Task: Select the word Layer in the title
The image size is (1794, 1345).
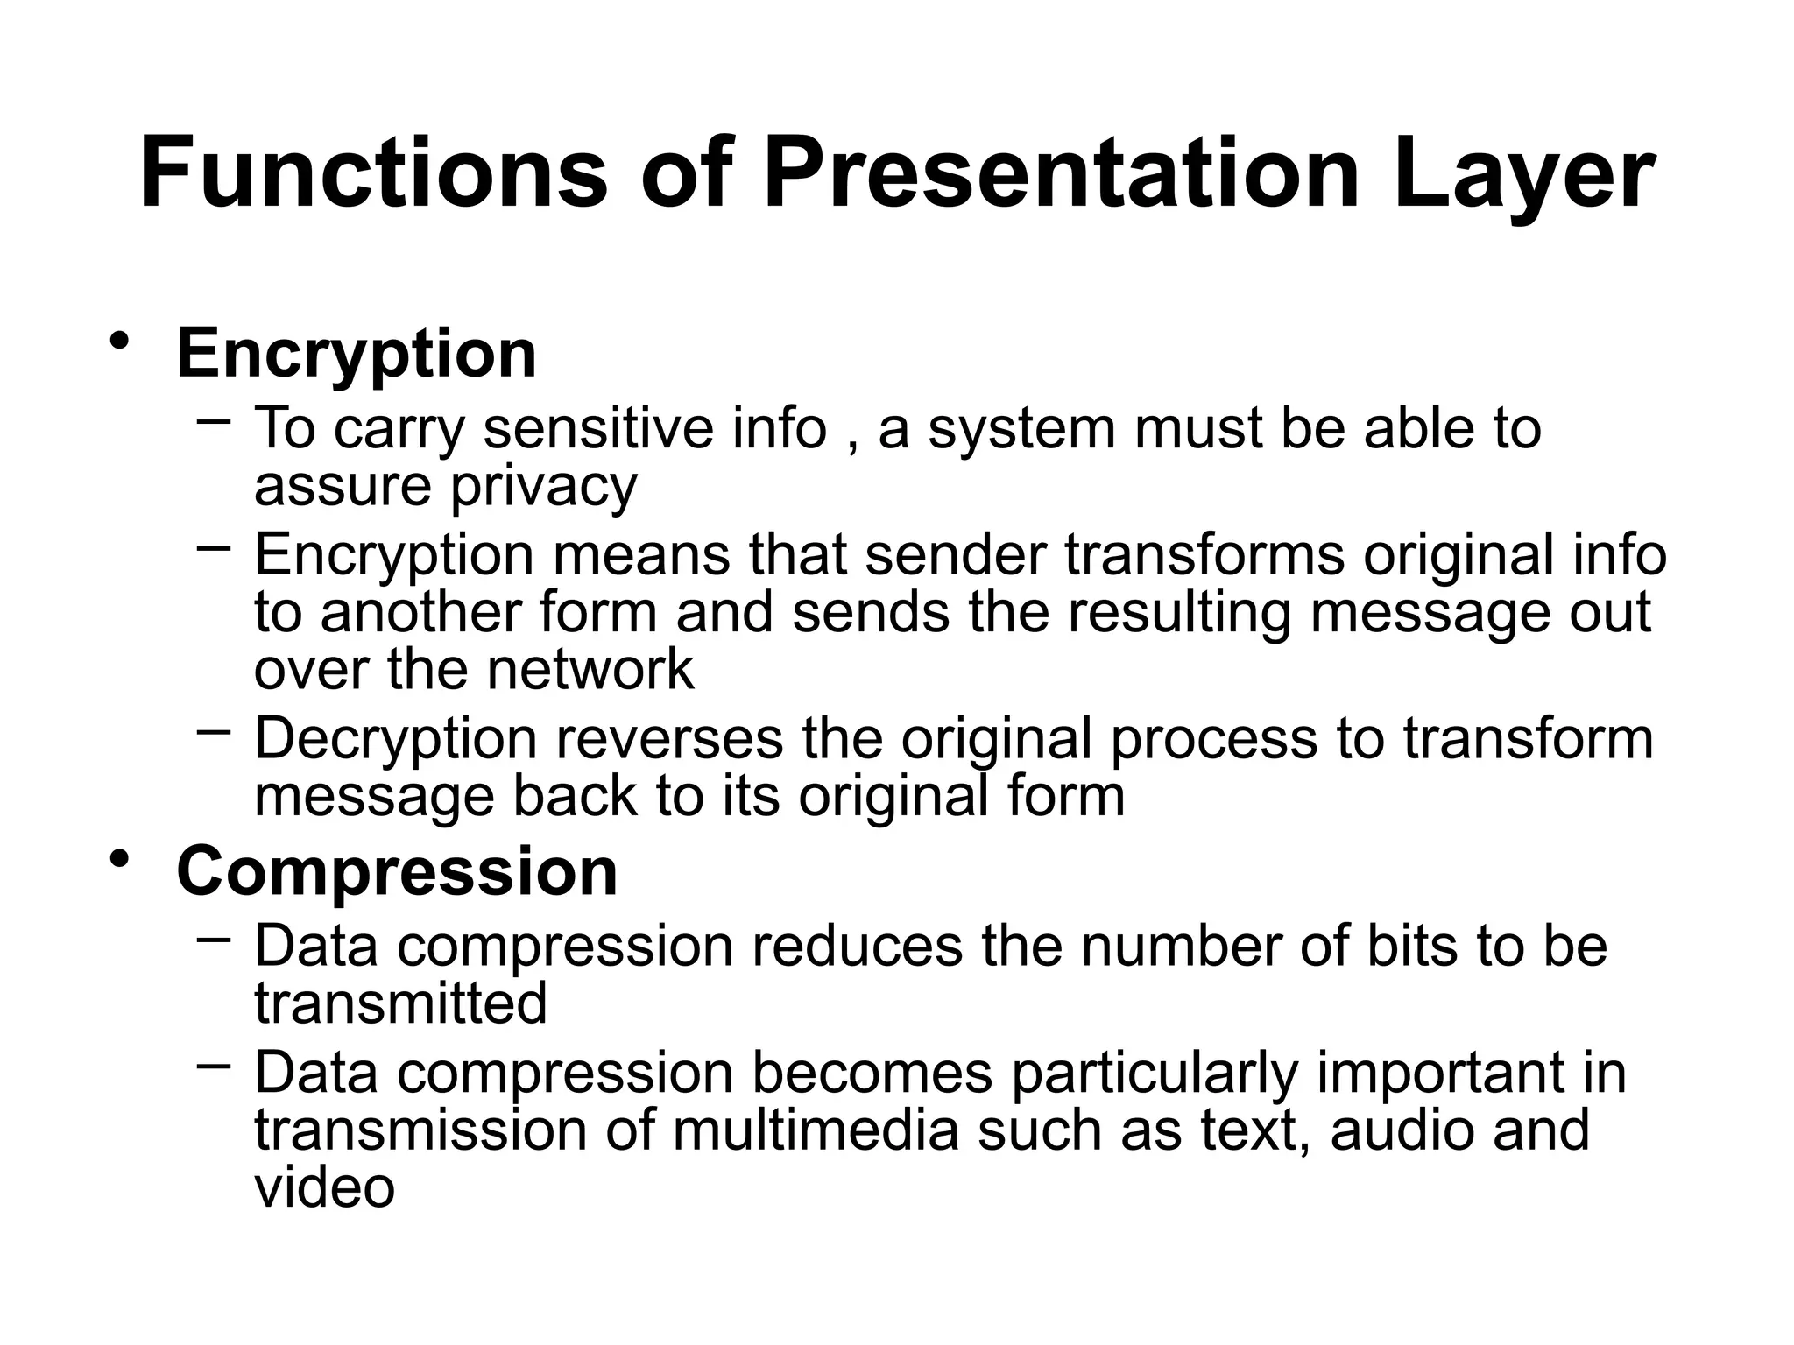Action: [x=1523, y=175]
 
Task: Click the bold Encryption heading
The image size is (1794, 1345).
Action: [x=357, y=354]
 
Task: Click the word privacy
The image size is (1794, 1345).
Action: [x=543, y=487]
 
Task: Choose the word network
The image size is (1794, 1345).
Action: [x=590, y=670]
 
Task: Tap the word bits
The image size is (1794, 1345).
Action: [x=1412, y=946]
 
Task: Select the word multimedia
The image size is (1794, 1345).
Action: [x=816, y=1130]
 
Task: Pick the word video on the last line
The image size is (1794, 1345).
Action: [x=324, y=1187]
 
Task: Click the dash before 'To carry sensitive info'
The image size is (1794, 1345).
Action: [x=215, y=422]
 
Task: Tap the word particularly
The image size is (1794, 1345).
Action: [x=1155, y=1074]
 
